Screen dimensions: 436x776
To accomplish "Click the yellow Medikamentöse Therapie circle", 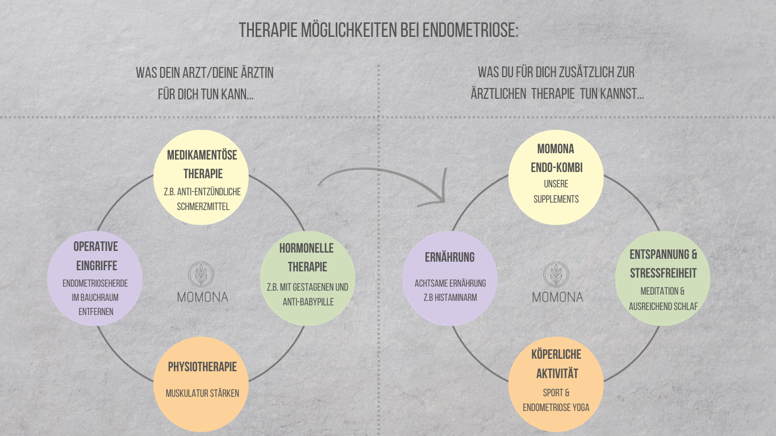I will click(202, 178).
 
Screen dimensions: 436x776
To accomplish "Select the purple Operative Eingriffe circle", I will click(95, 278).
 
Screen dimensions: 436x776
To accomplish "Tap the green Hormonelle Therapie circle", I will click(307, 278).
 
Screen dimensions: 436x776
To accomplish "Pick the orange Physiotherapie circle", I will click(202, 384).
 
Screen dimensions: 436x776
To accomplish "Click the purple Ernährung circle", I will click(450, 278).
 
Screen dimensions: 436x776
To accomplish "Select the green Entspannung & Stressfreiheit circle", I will click(662, 278).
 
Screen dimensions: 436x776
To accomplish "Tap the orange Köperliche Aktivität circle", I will click(556, 384).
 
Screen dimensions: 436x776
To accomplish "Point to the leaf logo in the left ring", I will click(202, 275).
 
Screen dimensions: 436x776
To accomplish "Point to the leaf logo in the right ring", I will click(557, 275).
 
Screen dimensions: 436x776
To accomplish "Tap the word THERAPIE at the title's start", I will click(269, 30).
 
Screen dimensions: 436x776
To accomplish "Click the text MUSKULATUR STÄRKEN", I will click(202, 393).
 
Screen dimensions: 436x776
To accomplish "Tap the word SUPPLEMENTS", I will click(556, 199).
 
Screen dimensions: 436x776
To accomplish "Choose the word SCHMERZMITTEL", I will click(203, 207).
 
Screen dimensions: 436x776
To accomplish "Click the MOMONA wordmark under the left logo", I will click(202, 297).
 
